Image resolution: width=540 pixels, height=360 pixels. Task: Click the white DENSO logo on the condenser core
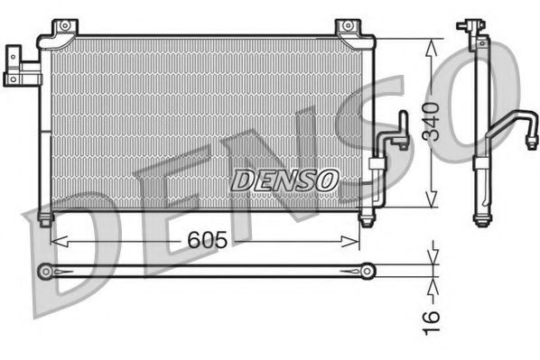pyautogui.click(x=284, y=180)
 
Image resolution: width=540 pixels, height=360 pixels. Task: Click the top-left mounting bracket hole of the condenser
pyautogui.click(x=61, y=30)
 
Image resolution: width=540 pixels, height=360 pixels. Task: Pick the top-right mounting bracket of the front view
pyautogui.click(x=347, y=29)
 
